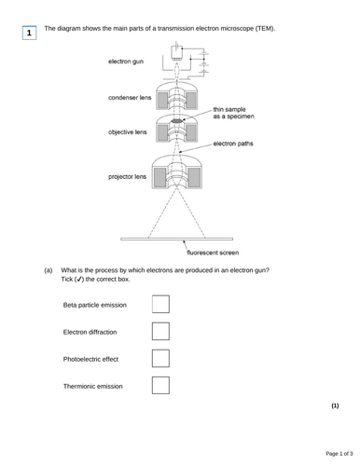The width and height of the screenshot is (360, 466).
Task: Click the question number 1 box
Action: point(29,33)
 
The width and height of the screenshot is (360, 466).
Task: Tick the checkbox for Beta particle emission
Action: point(160,304)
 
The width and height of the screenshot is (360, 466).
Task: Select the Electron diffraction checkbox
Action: point(160,331)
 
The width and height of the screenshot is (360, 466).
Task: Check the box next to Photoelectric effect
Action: point(160,358)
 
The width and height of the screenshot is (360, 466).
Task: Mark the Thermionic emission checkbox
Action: point(160,385)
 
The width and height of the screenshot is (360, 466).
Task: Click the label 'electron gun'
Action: point(126,62)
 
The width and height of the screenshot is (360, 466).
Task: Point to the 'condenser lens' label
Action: point(130,98)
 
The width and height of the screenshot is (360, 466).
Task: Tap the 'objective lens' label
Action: point(128,132)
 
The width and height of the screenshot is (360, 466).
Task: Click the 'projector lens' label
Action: point(127,176)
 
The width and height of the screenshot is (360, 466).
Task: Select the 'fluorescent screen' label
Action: point(213,253)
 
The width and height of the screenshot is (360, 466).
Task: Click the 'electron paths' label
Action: point(233,144)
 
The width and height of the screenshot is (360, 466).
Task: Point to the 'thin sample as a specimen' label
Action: point(234,113)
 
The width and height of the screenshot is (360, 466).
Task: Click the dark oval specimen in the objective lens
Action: point(176,121)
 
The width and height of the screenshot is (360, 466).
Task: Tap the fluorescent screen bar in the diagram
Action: point(177,239)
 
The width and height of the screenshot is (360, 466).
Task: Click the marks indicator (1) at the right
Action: point(335,405)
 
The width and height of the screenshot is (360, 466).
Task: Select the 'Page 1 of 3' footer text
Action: point(339,454)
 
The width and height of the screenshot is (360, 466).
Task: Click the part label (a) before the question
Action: point(48,270)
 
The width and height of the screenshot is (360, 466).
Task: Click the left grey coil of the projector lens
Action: point(159,177)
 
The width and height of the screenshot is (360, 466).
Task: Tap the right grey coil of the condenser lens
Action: point(190,100)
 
